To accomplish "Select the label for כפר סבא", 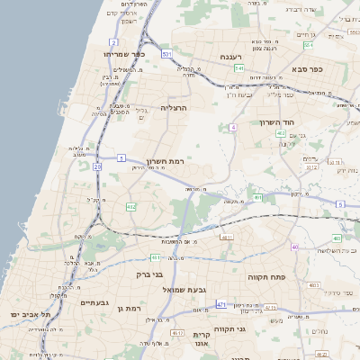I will [307, 67].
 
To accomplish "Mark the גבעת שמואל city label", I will [185, 290].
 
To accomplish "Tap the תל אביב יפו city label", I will [27, 314].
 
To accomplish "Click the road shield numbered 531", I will [166, 55].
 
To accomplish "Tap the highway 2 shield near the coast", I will [113, 42].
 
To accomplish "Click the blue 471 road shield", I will [220, 304].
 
